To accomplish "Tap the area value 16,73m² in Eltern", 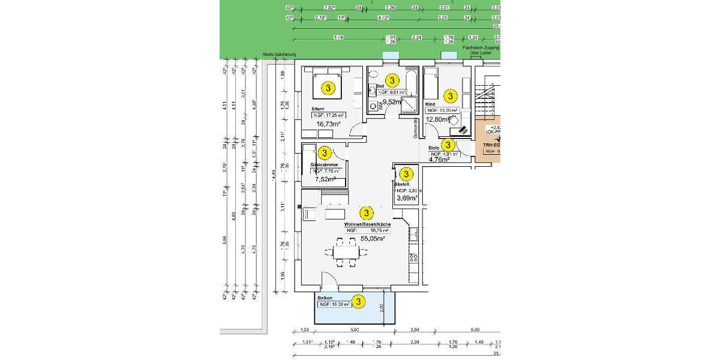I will click(328, 124).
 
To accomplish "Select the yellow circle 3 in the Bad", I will click(392, 80).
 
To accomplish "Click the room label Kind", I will click(430, 104).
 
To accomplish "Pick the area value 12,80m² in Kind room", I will click(438, 119).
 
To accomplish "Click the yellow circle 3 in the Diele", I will click(448, 145).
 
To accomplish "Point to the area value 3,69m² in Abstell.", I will click(407, 197).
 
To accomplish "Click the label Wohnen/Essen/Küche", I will click(367, 224).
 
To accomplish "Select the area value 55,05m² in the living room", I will click(372, 238).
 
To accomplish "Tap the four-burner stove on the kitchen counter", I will click(413, 258).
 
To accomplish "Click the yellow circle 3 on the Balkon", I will click(358, 302).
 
